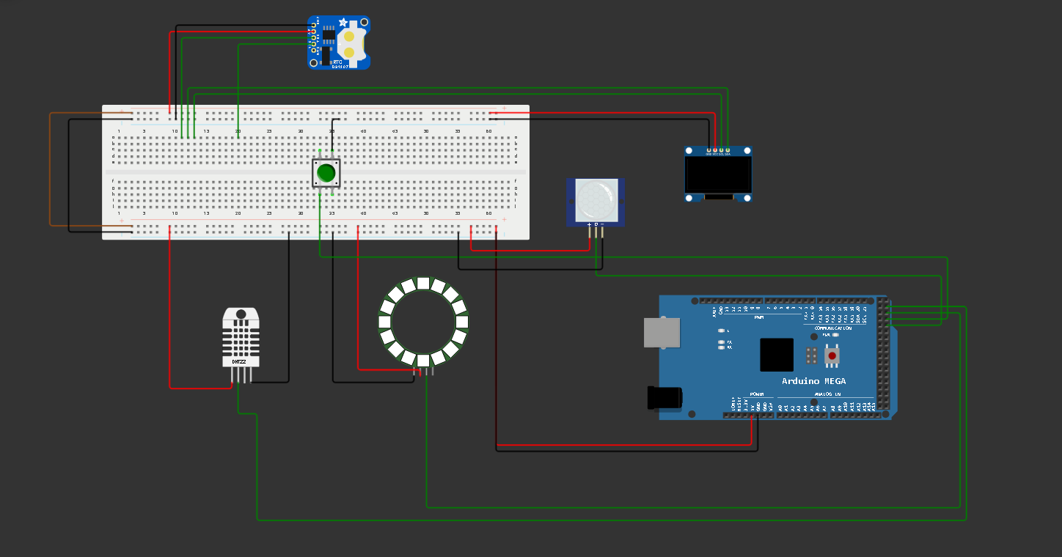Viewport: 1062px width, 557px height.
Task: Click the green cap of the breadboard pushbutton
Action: [x=326, y=173]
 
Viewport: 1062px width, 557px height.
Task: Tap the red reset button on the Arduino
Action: [x=832, y=356]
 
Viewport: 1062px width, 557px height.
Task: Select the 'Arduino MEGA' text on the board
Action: [x=813, y=381]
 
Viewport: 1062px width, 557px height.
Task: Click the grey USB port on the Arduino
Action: [x=661, y=332]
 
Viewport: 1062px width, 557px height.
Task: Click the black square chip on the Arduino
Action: [x=777, y=355]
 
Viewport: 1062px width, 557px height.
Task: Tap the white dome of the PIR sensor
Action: [x=594, y=199]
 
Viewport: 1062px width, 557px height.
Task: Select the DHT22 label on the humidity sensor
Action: [x=240, y=362]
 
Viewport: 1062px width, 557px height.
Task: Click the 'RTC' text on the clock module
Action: [x=338, y=62]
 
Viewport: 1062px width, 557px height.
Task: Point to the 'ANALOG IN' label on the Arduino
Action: [x=828, y=395]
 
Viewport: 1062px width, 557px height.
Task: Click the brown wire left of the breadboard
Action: [x=50, y=169]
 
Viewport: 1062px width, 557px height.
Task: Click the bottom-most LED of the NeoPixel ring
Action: [x=423, y=360]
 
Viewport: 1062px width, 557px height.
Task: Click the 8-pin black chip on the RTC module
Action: [x=329, y=34]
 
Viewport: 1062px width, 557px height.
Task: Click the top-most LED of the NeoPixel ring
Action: [x=423, y=283]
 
